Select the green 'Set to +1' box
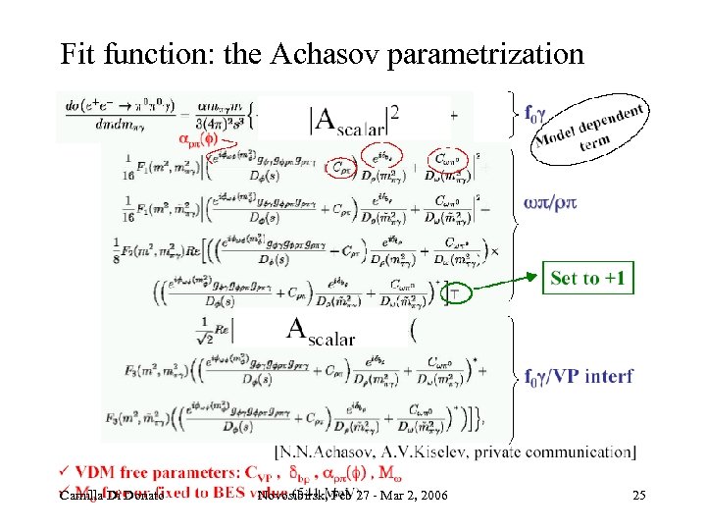pyautogui.click(x=588, y=279)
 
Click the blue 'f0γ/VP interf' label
pyautogui.click(x=579, y=376)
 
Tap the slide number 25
pyautogui.click(x=638, y=496)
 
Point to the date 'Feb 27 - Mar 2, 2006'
pyautogui.click(x=388, y=496)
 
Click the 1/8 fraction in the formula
pyautogui.click(x=123, y=248)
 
